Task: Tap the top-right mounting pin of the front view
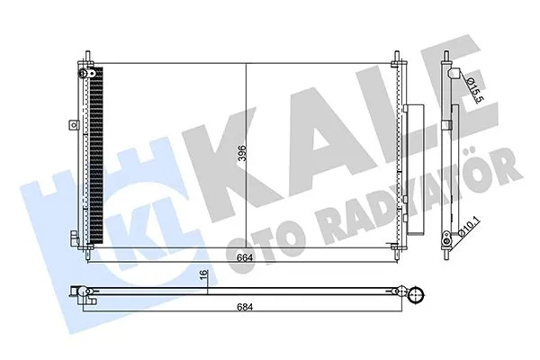[x=397, y=58]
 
